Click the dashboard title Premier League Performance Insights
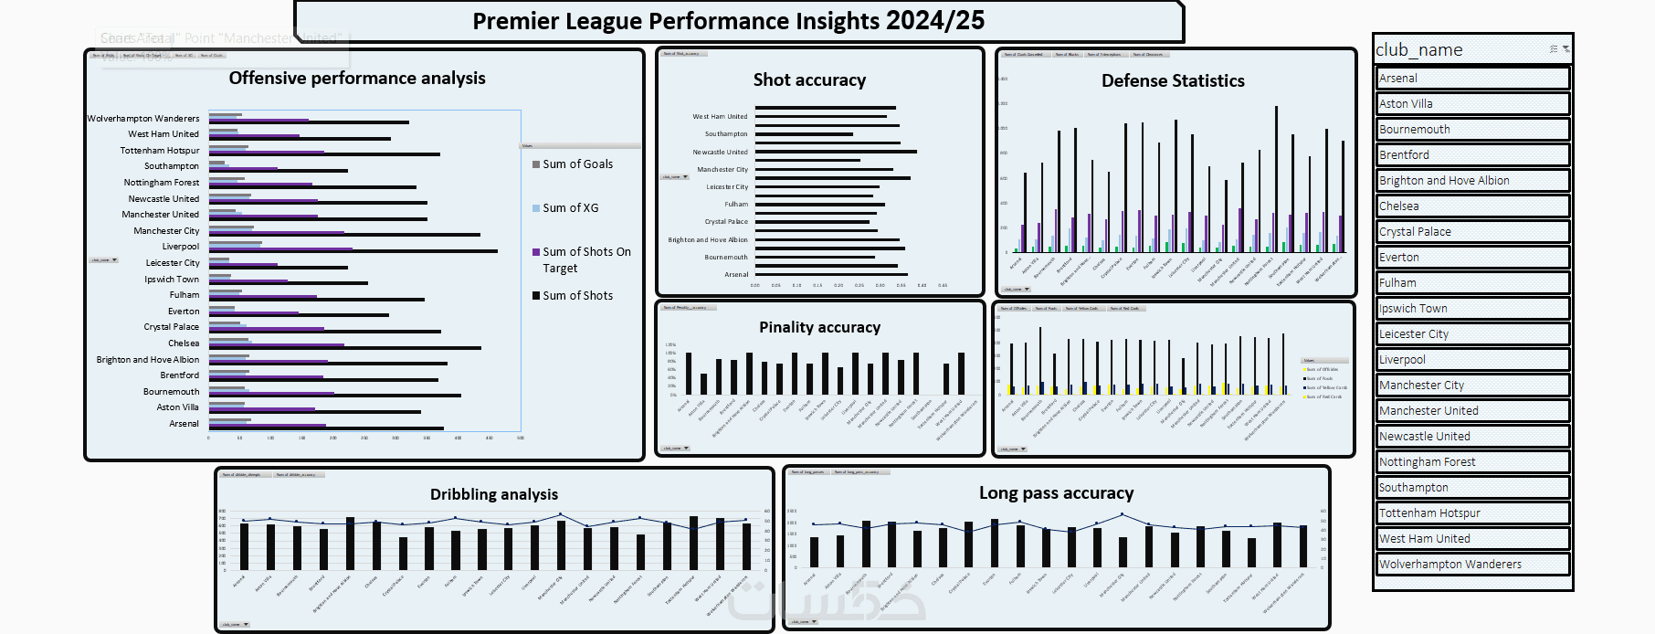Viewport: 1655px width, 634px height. point(728,21)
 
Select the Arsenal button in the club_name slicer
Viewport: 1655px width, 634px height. point(1472,79)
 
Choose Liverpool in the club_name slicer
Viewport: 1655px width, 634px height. point(1472,360)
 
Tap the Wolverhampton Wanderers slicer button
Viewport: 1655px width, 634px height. point(1472,565)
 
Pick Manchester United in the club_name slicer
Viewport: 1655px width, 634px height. point(1472,411)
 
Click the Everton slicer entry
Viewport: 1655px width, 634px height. point(1472,258)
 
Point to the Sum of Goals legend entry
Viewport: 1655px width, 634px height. point(577,164)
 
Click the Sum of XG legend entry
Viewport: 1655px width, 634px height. point(570,208)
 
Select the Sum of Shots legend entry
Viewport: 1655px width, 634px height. point(577,296)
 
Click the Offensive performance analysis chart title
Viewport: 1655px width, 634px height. point(357,79)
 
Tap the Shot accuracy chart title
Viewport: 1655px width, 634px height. point(809,80)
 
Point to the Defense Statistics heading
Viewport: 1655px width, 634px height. point(1173,81)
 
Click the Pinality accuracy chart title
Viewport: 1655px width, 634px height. point(819,327)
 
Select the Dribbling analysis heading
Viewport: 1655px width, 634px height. point(494,494)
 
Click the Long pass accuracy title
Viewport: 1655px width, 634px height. point(1056,493)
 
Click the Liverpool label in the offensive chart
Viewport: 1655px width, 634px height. point(181,247)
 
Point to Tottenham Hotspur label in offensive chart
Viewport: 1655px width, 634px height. point(160,151)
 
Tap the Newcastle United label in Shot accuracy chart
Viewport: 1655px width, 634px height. point(720,153)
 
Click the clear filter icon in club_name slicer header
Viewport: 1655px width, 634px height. point(1565,49)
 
